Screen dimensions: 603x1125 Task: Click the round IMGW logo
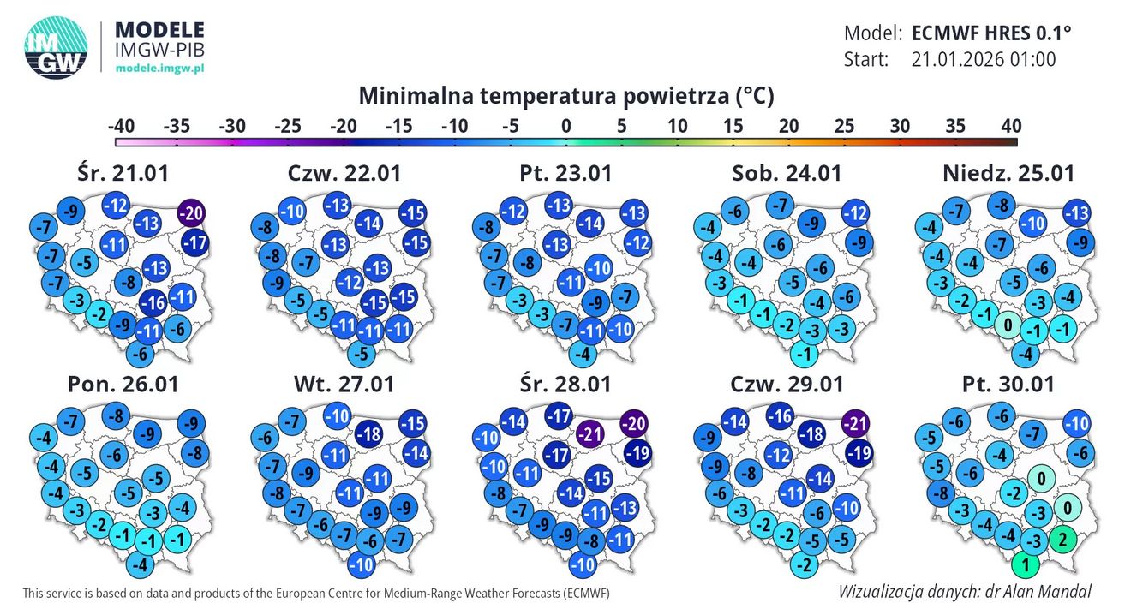tap(55, 50)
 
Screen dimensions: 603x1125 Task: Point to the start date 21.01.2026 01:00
tap(984, 59)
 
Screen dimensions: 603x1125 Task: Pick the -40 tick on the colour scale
tap(122, 126)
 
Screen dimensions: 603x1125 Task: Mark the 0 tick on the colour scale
tap(565, 126)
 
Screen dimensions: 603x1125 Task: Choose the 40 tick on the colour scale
tap(1008, 126)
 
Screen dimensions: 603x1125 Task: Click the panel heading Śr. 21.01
tap(121, 172)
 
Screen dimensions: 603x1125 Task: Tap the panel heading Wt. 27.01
tap(344, 384)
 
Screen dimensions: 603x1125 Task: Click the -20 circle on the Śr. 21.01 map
tap(192, 213)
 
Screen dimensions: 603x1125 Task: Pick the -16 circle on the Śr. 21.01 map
tap(153, 301)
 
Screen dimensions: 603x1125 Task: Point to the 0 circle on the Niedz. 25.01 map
tap(1008, 325)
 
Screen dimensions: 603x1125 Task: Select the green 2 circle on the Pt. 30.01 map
tap(1062, 539)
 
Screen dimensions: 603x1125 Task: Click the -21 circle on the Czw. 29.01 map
tap(855, 422)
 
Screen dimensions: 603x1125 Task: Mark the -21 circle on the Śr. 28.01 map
tap(589, 433)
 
